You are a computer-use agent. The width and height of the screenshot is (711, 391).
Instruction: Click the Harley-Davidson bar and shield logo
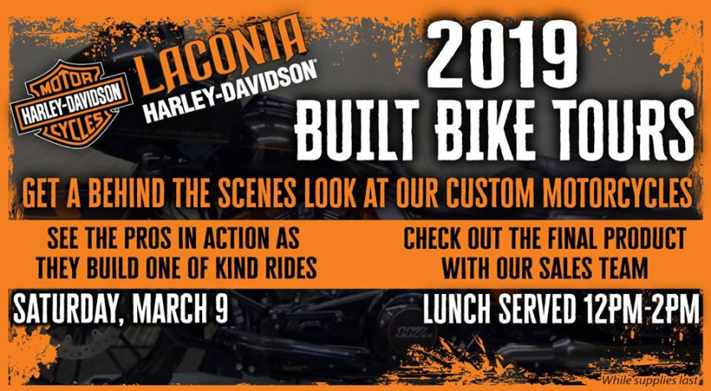point(71,104)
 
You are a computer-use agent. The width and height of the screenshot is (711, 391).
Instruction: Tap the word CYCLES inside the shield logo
point(73,123)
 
